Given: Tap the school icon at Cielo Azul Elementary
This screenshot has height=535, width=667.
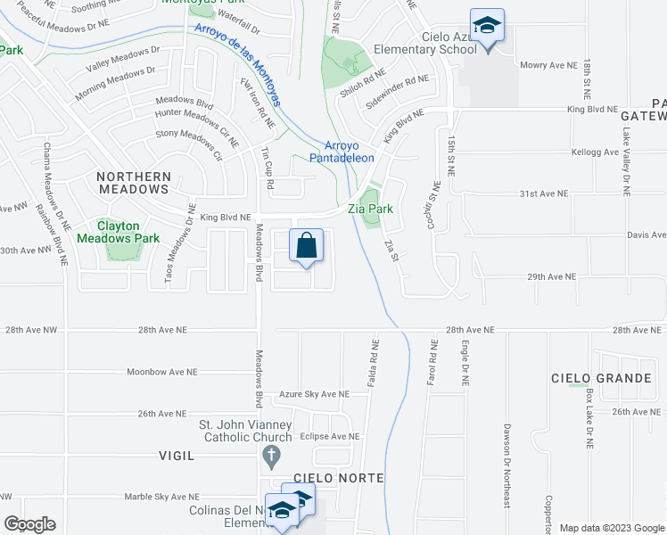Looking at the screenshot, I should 487,26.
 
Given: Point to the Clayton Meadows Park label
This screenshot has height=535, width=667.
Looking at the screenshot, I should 118,232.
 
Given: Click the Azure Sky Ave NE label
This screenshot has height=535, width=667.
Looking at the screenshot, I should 312,393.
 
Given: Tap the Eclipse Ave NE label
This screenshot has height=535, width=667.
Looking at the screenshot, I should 330,437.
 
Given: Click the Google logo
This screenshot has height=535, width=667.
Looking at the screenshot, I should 29,524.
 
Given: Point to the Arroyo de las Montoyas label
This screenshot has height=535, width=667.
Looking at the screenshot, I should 240,65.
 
